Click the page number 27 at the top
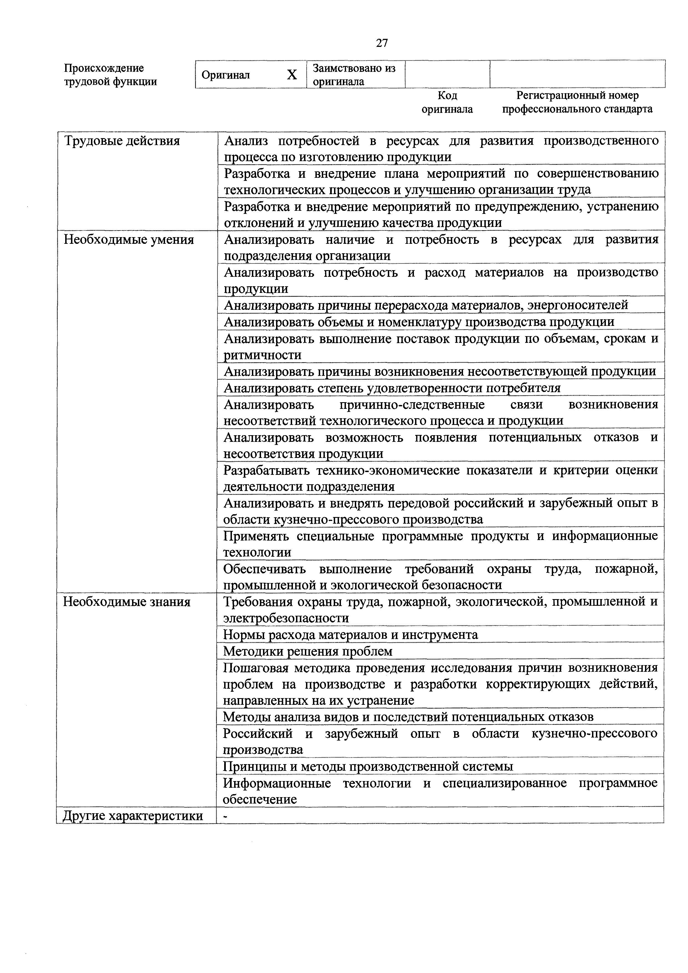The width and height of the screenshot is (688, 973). (x=381, y=43)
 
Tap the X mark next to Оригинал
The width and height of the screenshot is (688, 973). (x=292, y=75)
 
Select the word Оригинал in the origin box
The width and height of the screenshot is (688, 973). (x=226, y=75)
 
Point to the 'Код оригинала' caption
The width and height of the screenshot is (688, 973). (x=447, y=102)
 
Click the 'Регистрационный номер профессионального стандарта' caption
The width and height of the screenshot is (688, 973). (x=577, y=102)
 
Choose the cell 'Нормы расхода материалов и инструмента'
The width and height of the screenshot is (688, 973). (x=351, y=634)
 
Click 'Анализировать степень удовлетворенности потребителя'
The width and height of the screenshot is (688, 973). (x=392, y=388)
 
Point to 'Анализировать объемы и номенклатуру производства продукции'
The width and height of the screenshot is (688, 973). (x=419, y=322)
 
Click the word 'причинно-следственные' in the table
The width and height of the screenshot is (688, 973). (x=412, y=405)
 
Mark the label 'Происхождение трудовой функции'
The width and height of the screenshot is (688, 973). (x=110, y=75)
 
